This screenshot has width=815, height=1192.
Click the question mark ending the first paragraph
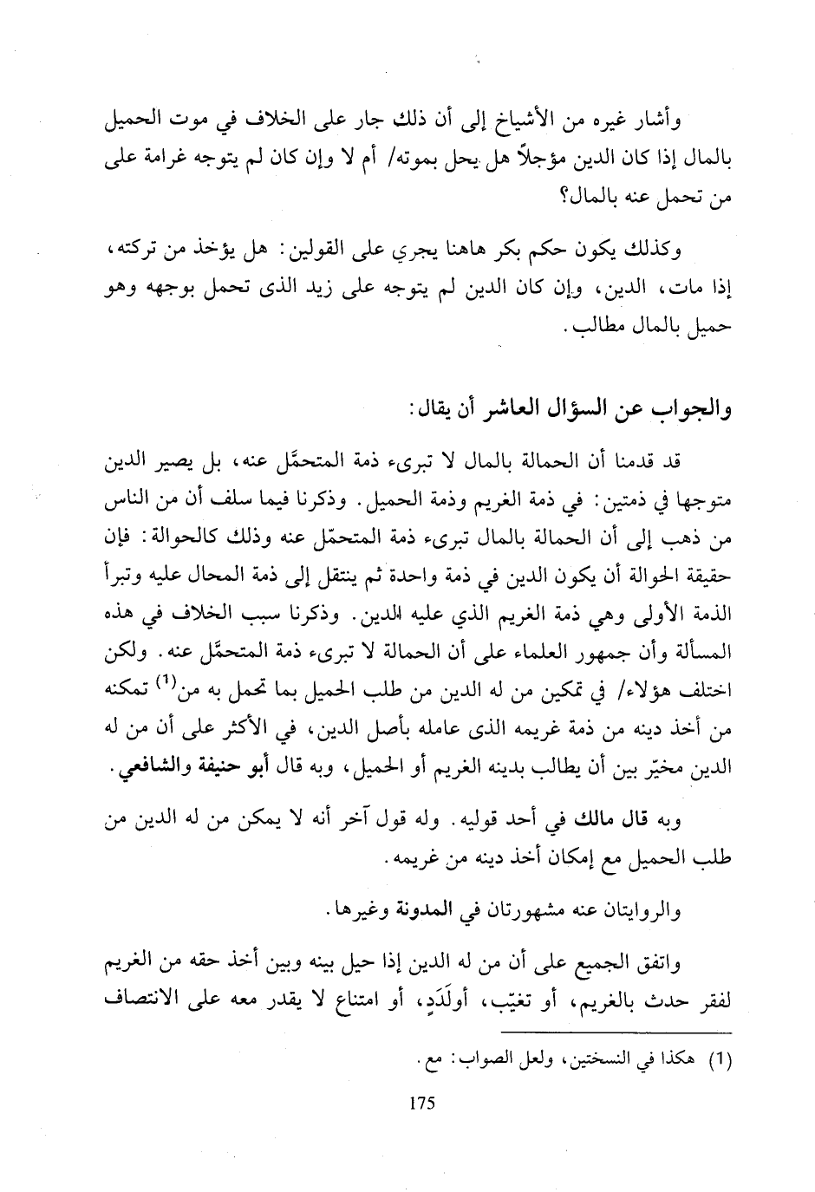tap(570, 200)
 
